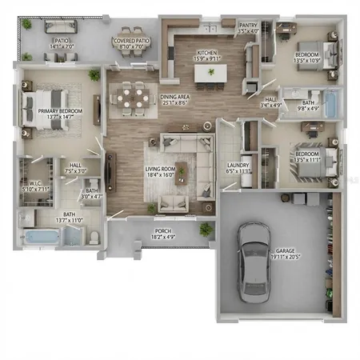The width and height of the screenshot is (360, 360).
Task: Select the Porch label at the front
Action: pyautogui.click(x=162, y=234)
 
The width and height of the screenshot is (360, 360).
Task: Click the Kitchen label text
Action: pyautogui.click(x=207, y=55)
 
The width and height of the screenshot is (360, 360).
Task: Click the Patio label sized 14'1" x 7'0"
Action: pyautogui.click(x=61, y=44)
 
